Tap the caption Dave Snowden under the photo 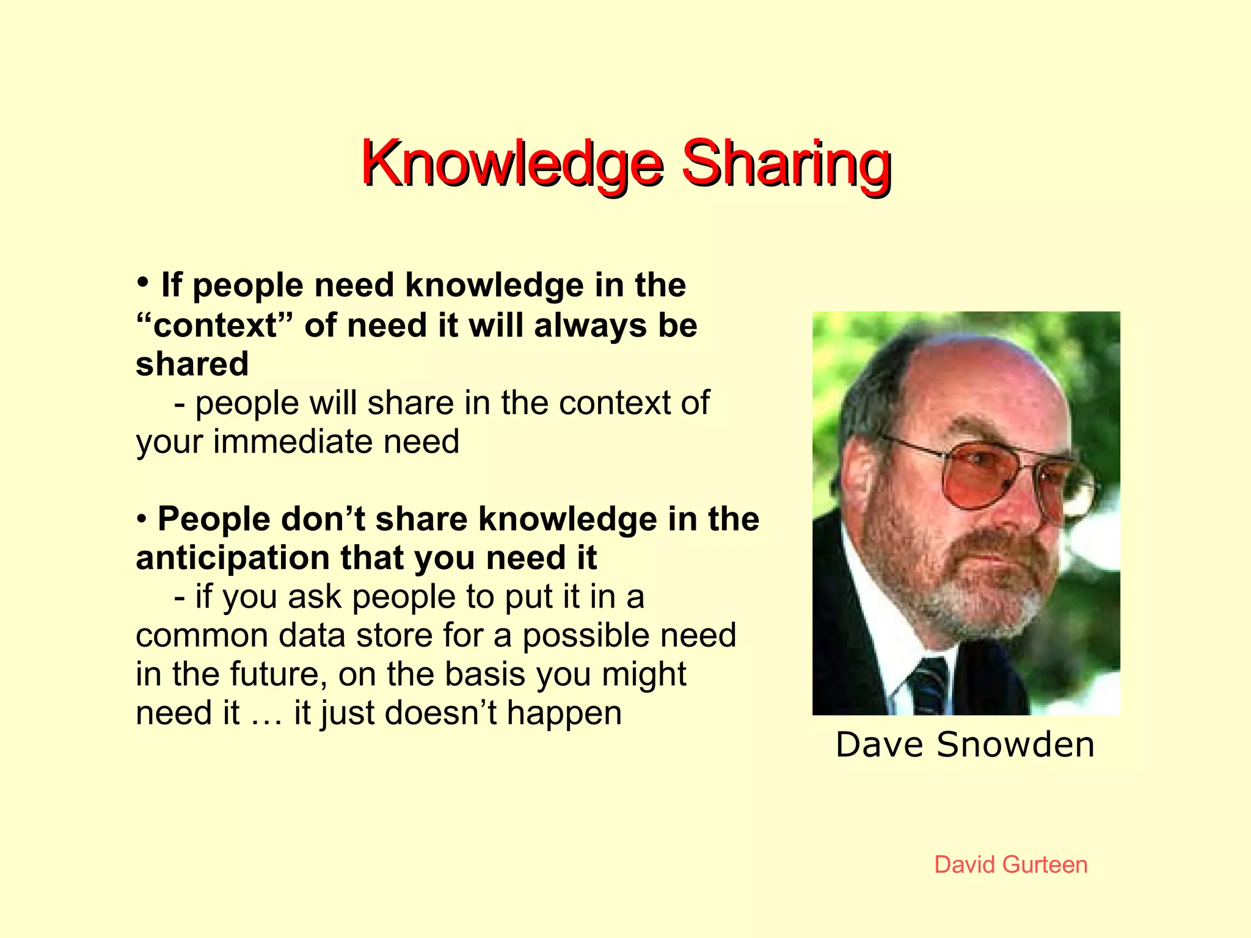point(965,744)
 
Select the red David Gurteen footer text point(1010,865)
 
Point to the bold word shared point(192,364)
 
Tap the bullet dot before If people point(142,283)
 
